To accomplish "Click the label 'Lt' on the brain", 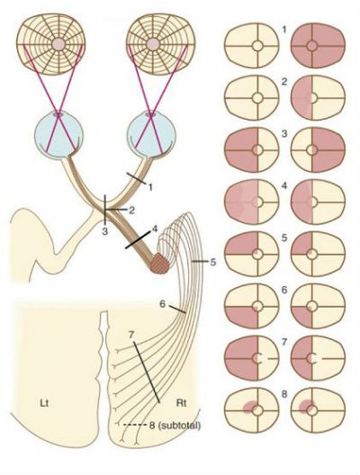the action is pyautogui.click(x=44, y=404).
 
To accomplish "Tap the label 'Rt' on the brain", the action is pyautogui.click(x=181, y=404).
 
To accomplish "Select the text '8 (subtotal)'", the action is pyautogui.click(x=175, y=425).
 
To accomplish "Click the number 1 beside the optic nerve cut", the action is pyautogui.click(x=149, y=187).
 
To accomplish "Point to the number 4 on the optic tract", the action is pyautogui.click(x=155, y=229).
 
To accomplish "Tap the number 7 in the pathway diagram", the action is pyautogui.click(x=131, y=335).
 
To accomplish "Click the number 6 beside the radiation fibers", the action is pyautogui.click(x=163, y=304).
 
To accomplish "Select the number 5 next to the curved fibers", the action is pyautogui.click(x=213, y=262).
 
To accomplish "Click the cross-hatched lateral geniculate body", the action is pyautogui.click(x=160, y=264).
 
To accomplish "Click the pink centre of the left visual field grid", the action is pyautogui.click(x=58, y=45).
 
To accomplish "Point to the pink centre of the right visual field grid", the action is pyautogui.click(x=153, y=45).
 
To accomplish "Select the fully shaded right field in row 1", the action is pyautogui.click(x=318, y=46).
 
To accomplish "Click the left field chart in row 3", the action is pyautogui.click(x=252, y=150).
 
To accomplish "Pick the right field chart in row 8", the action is pyautogui.click(x=318, y=410).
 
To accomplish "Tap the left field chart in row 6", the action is pyautogui.click(x=252, y=306).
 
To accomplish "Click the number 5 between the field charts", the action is pyautogui.click(x=283, y=237).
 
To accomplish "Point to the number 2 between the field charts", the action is pyautogui.click(x=283, y=82).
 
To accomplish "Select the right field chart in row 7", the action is pyautogui.click(x=318, y=358).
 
